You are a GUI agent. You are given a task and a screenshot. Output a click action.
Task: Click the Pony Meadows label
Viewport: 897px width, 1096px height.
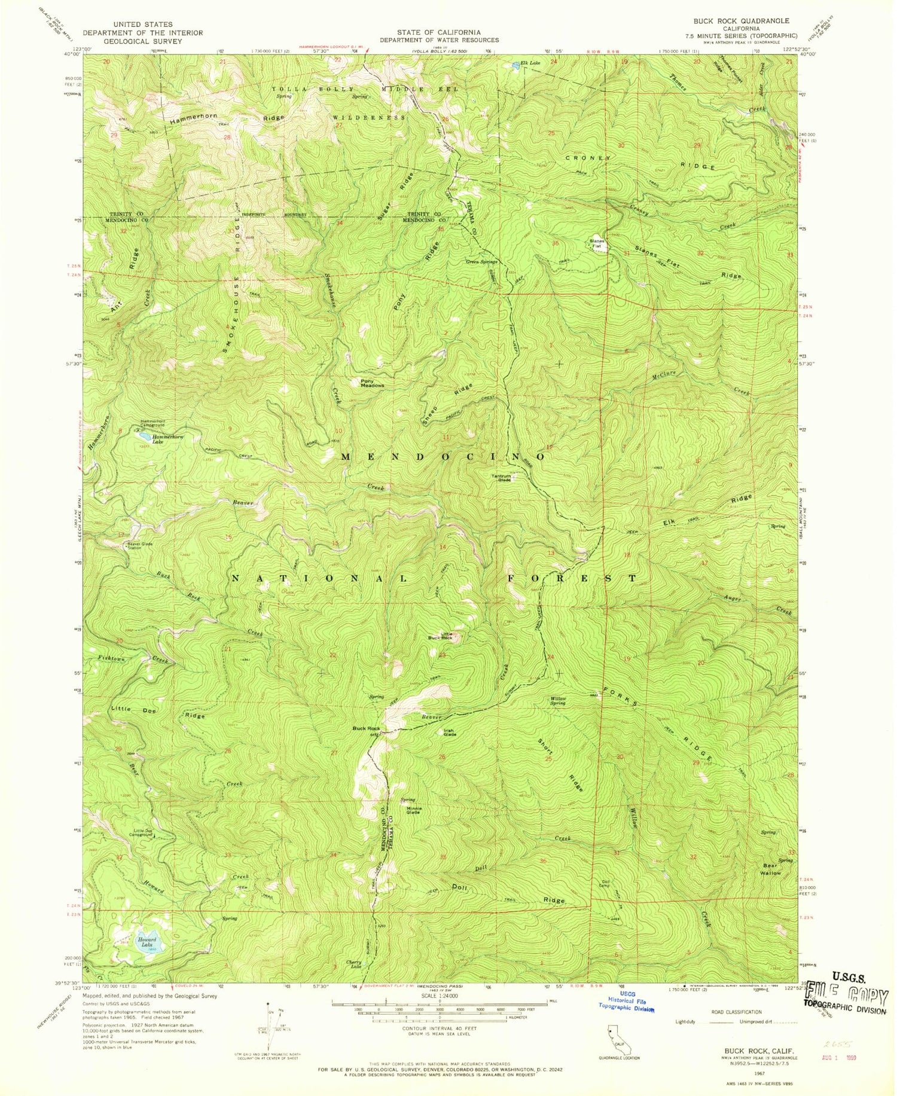pos(372,383)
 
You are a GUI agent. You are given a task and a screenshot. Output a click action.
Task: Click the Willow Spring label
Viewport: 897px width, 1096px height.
pos(557,700)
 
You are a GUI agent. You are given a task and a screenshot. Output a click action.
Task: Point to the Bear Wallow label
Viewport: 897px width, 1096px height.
pos(770,869)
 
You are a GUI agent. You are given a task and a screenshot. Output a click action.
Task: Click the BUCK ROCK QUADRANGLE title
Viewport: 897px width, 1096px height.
pos(739,20)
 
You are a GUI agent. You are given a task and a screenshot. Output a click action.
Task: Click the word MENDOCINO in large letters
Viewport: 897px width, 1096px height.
pos(443,457)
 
